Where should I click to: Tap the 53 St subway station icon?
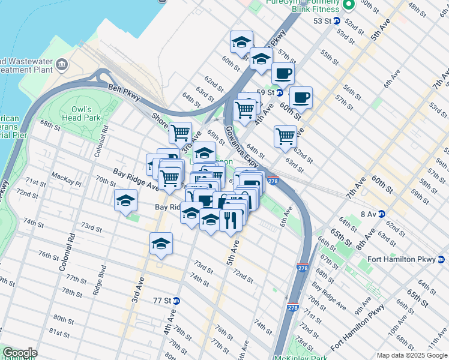pos(337,20)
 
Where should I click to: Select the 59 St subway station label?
pos(265,92)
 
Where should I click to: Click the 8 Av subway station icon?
pos(381,214)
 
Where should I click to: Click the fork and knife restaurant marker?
pos(231,220)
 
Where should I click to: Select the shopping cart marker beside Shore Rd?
pos(180,132)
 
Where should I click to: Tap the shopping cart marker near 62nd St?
pos(285,136)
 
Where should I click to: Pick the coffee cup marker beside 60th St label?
pos(301,97)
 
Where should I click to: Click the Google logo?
pos(20,353)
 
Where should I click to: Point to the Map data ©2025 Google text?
pos(411,355)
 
